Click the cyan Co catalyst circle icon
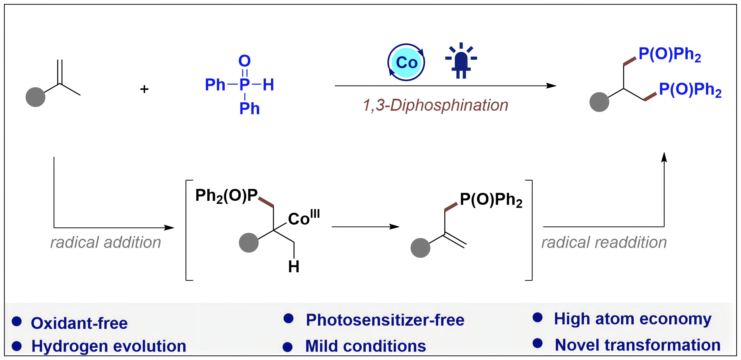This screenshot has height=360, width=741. pyautogui.click(x=406, y=63)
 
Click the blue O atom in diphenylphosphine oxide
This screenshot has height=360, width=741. pyautogui.click(x=244, y=61)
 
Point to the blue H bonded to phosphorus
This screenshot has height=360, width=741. pyautogui.click(x=268, y=85)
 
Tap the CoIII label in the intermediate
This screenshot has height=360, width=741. pyautogui.click(x=303, y=218)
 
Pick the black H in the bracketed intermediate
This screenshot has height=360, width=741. pyautogui.click(x=294, y=267)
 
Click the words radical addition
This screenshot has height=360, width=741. pyautogui.click(x=106, y=242)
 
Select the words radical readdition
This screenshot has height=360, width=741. pyautogui.click(x=604, y=242)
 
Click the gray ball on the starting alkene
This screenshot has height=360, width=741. pyautogui.click(x=35, y=97)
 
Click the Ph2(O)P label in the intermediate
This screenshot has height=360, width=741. pyautogui.click(x=226, y=196)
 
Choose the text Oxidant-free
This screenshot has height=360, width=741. pyautogui.click(x=79, y=323)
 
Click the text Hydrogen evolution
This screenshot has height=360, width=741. pyautogui.click(x=109, y=346)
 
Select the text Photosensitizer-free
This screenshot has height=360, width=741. pyautogui.click(x=385, y=320)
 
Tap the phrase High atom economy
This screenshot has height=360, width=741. pyautogui.click(x=633, y=319)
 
